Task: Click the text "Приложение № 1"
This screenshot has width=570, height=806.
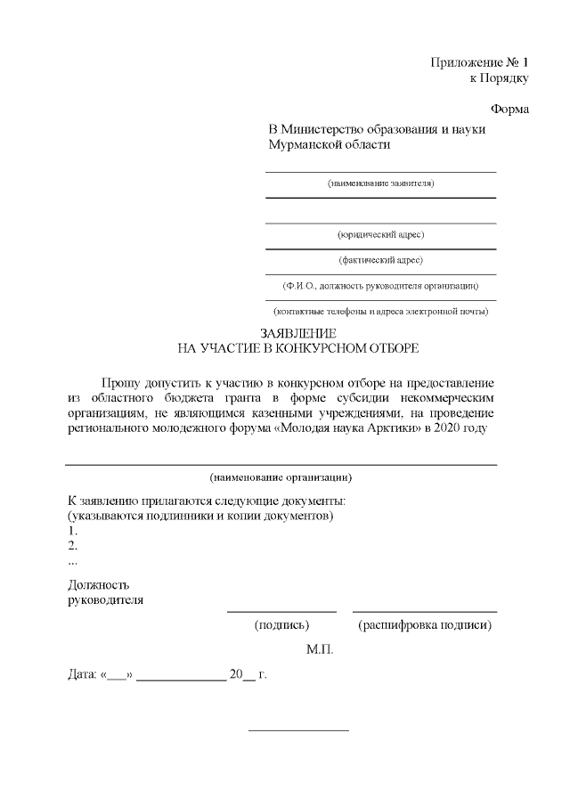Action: click(x=479, y=62)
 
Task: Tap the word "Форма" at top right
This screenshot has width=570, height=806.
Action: click(x=509, y=110)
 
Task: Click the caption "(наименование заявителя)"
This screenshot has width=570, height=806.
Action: click(x=380, y=183)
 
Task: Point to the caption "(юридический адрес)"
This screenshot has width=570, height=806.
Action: click(x=380, y=234)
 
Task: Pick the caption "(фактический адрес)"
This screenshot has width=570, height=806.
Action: click(x=380, y=260)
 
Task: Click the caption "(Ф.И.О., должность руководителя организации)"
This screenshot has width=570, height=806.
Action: click(x=380, y=286)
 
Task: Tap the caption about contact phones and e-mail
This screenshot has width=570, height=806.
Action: click(x=380, y=312)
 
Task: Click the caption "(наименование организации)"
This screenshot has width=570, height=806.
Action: click(x=281, y=476)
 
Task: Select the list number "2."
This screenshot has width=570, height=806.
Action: click(x=73, y=546)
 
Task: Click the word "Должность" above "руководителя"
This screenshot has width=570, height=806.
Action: click(x=99, y=585)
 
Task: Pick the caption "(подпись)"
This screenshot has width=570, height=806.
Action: click(x=281, y=625)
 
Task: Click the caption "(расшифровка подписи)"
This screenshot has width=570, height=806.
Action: click(x=425, y=625)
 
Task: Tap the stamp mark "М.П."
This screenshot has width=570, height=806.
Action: click(x=320, y=651)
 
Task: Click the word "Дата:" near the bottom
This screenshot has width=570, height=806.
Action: click(x=83, y=674)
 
